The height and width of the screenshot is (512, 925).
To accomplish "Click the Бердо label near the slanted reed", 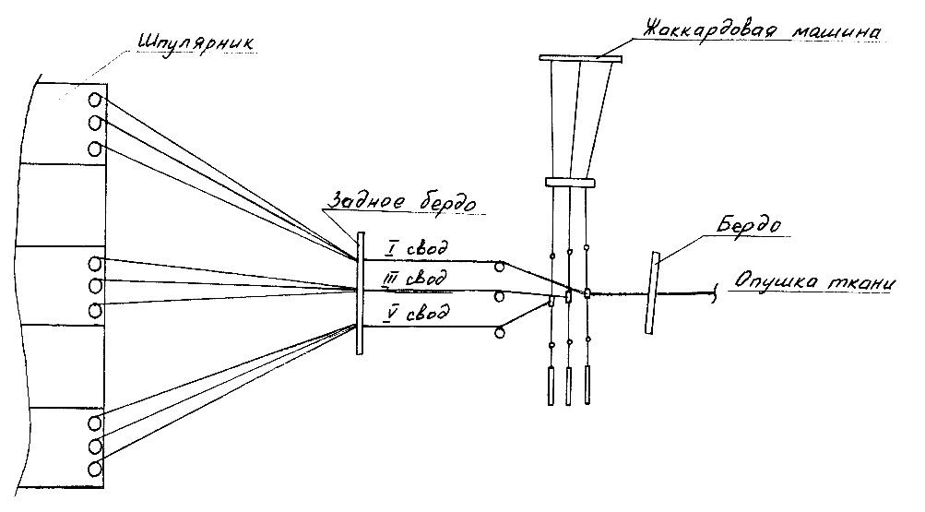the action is click(749, 225).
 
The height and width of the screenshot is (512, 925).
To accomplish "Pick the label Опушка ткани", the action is click(814, 282).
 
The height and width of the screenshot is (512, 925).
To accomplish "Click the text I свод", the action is click(417, 248).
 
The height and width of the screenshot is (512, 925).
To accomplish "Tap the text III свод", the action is click(414, 278).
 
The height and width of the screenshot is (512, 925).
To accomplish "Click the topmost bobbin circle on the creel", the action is click(95, 100).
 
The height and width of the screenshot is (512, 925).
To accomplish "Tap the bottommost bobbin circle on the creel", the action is click(94, 470).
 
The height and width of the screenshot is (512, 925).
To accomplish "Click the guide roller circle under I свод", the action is click(500, 268).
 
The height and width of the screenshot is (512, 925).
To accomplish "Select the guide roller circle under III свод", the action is click(499, 297).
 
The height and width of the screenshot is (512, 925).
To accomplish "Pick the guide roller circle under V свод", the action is click(500, 333).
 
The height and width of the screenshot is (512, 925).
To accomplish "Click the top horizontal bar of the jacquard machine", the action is click(581, 58).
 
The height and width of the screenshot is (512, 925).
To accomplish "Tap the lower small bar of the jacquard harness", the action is click(570, 183).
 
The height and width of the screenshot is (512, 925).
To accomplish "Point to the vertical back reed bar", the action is click(360, 293).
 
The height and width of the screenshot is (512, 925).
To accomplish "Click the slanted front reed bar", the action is click(652, 293).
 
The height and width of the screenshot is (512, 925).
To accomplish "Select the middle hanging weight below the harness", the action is click(569, 387).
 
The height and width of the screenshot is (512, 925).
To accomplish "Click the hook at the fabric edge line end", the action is click(716, 293).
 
